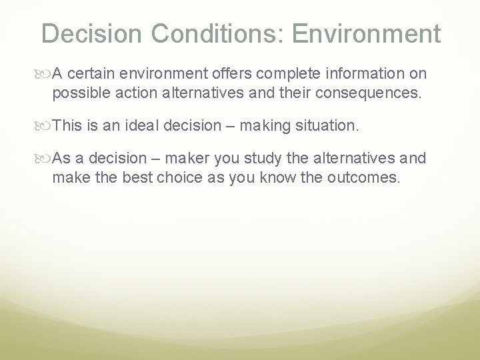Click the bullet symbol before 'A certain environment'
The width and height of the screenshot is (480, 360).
click(45, 73)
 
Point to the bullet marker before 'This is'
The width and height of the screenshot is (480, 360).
click(45, 125)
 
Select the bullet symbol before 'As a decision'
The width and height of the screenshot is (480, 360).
click(45, 159)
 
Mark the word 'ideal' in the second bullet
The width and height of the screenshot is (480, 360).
click(139, 125)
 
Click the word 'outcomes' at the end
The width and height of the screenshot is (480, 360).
click(366, 178)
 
